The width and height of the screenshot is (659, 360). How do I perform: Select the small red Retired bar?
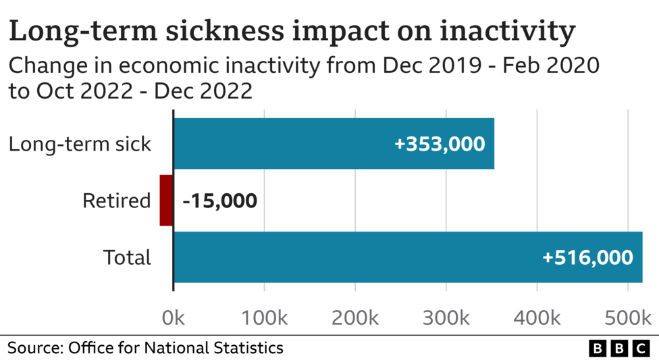click(166, 201)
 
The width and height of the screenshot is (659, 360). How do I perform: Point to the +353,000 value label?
click(440, 144)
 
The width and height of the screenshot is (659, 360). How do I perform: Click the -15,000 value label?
click(219, 201)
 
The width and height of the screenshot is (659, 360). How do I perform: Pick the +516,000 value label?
click(587, 257)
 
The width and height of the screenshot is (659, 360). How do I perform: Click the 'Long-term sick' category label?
click(80, 144)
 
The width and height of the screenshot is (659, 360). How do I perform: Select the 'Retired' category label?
click(116, 201)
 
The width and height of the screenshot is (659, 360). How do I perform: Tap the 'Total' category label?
click(127, 257)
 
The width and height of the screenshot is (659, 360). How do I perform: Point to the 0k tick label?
click(174, 316)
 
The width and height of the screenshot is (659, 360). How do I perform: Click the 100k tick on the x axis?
click(264, 316)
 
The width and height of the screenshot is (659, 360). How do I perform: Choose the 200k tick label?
click(355, 316)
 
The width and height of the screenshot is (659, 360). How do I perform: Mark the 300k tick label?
click(446, 316)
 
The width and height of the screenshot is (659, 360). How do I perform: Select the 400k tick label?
click(537, 316)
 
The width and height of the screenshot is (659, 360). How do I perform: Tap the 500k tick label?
click(628, 316)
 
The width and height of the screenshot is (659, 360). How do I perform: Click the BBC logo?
click(618, 349)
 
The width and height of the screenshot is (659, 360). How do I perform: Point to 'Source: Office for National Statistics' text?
click(145, 348)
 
